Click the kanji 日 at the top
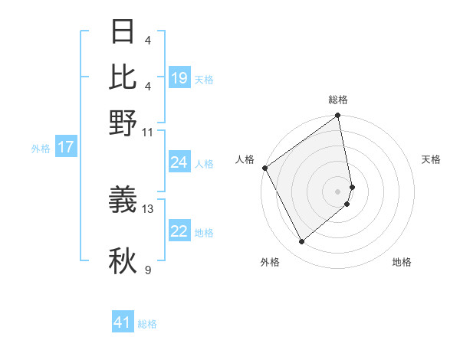tap(123, 32)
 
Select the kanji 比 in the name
tap(123, 77)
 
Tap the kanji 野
tap(123, 123)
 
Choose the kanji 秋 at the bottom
tap(123, 261)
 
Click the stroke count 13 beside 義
tap(149, 208)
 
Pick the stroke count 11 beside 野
tap(148, 131)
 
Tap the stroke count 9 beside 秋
tap(148, 270)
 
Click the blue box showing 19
tap(179, 78)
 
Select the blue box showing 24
tap(179, 162)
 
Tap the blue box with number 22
tap(179, 232)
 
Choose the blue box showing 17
tap(65, 148)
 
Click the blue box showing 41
tap(123, 322)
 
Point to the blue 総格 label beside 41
tap(147, 324)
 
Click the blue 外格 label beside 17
tap(40, 149)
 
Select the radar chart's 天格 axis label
tap(431, 159)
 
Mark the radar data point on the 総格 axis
tap(338, 117)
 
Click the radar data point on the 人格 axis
tap(265, 168)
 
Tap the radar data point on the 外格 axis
tap(302, 241)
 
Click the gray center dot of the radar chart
tap(338, 191)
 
